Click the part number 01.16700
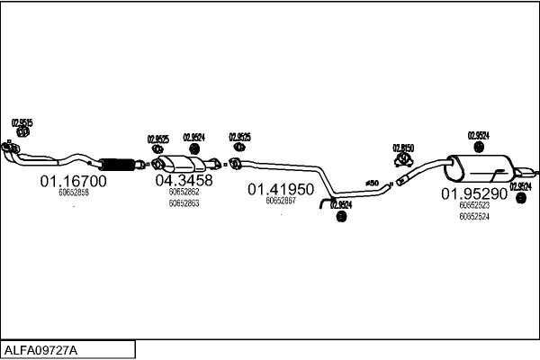point(73,181)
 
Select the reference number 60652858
point(73,193)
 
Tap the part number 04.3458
point(184,180)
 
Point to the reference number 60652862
point(184,192)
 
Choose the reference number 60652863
point(184,203)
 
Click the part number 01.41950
point(281,190)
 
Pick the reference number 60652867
point(281,201)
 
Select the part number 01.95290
point(473,193)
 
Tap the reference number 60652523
point(473,206)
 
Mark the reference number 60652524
point(473,216)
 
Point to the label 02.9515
point(22,122)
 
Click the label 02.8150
point(402,148)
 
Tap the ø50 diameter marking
point(372,184)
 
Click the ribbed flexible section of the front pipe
point(116,164)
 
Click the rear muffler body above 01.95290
point(481,168)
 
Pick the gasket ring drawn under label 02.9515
point(23,133)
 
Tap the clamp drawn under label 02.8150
point(402,160)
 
